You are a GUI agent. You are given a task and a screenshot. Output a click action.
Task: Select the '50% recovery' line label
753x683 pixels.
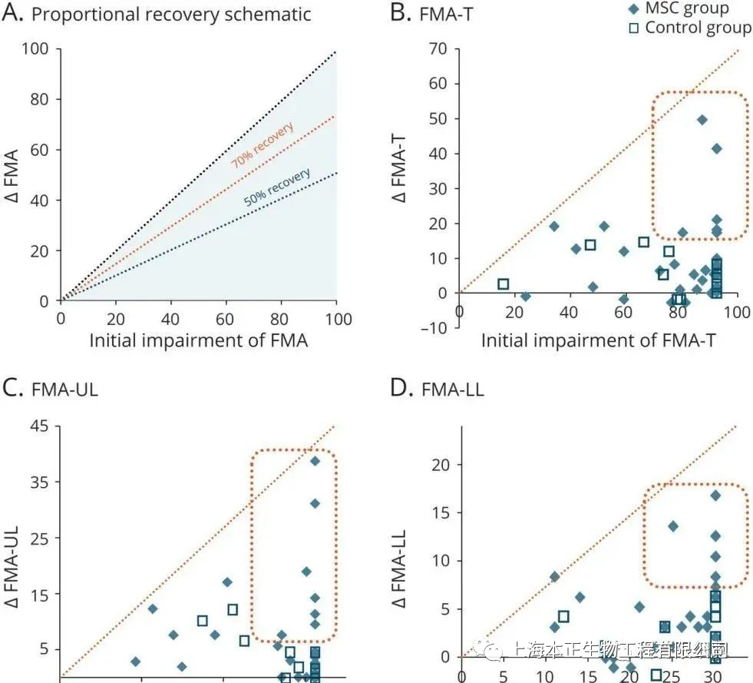pyautogui.click(x=277, y=187)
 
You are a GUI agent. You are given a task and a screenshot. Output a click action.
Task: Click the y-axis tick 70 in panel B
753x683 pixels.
pyautogui.click(x=438, y=49)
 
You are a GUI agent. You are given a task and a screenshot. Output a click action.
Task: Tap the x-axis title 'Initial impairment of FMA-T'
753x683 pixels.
pyautogui.click(x=598, y=340)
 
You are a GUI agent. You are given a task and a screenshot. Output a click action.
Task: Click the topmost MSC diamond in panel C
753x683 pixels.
pyautogui.click(x=315, y=461)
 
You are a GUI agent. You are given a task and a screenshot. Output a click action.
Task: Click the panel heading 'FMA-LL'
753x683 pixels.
pyautogui.click(x=452, y=390)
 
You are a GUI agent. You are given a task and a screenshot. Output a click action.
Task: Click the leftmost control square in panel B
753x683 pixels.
pyautogui.click(x=504, y=284)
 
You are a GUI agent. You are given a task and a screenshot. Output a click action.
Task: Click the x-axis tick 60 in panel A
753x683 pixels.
pyautogui.click(x=226, y=317)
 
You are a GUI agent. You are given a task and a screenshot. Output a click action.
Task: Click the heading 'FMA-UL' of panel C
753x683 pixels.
pyautogui.click(x=64, y=390)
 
